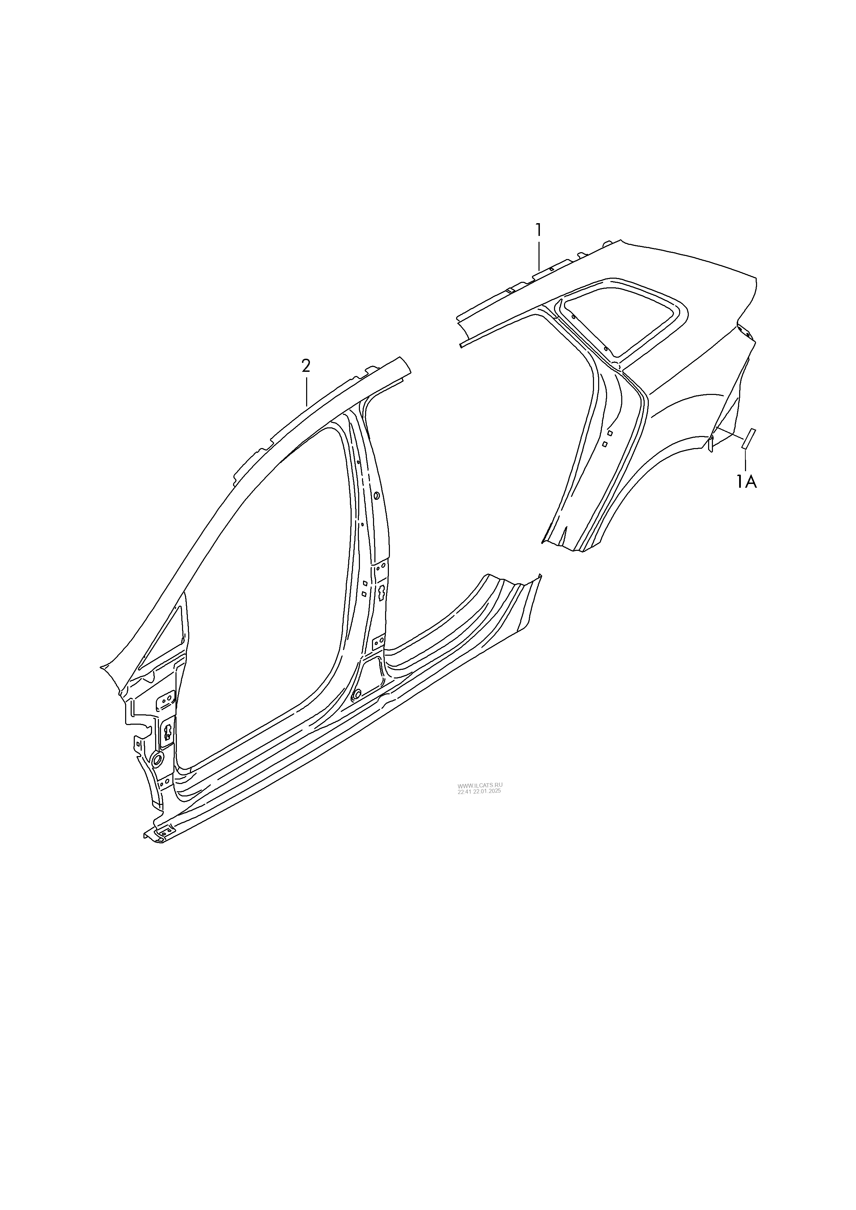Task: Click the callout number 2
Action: (x=306, y=365)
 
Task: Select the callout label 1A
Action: (x=746, y=482)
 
